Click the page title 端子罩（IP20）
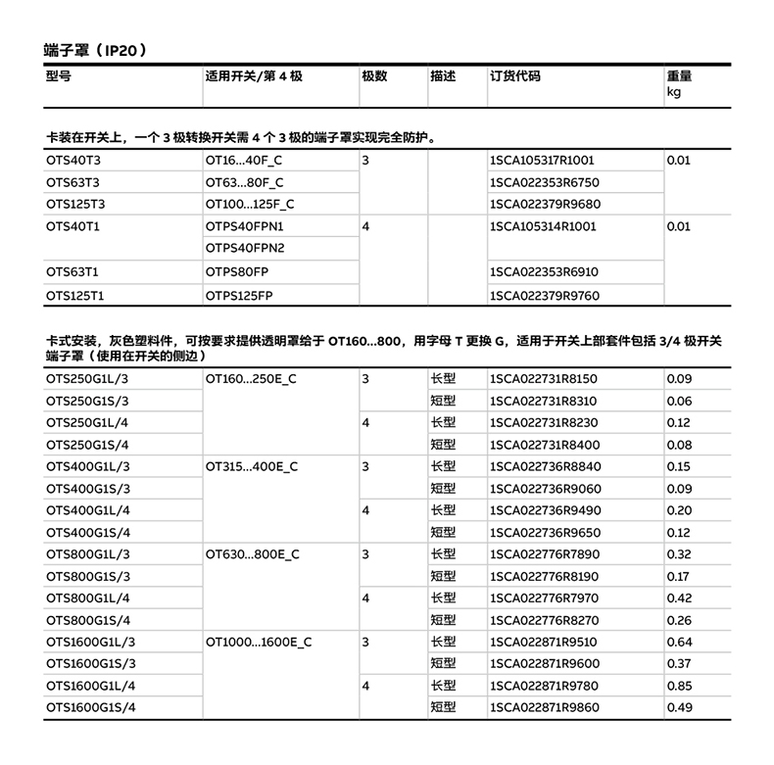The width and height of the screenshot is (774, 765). pos(95,48)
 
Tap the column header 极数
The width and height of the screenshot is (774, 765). pos(374,76)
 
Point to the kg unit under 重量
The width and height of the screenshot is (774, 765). pos(674,92)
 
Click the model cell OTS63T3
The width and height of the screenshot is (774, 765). pos(73,182)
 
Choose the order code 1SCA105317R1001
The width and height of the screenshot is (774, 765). pos(542,160)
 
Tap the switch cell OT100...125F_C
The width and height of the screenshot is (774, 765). pos(250,205)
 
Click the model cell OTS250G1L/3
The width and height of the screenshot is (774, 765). pos(87,378)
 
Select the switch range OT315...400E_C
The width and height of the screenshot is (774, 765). pos(252,466)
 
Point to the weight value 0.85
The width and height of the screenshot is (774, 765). pos(679,686)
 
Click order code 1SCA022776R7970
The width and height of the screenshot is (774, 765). pos(544,598)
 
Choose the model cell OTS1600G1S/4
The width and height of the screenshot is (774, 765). pos(90,707)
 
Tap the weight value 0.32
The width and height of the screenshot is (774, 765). pos(679,554)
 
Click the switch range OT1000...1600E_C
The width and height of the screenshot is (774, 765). pos(259,642)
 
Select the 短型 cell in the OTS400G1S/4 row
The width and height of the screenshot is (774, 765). pos(443,532)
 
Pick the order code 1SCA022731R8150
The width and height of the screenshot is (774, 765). pos(544,378)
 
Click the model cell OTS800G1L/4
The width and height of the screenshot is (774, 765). pos(87,598)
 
